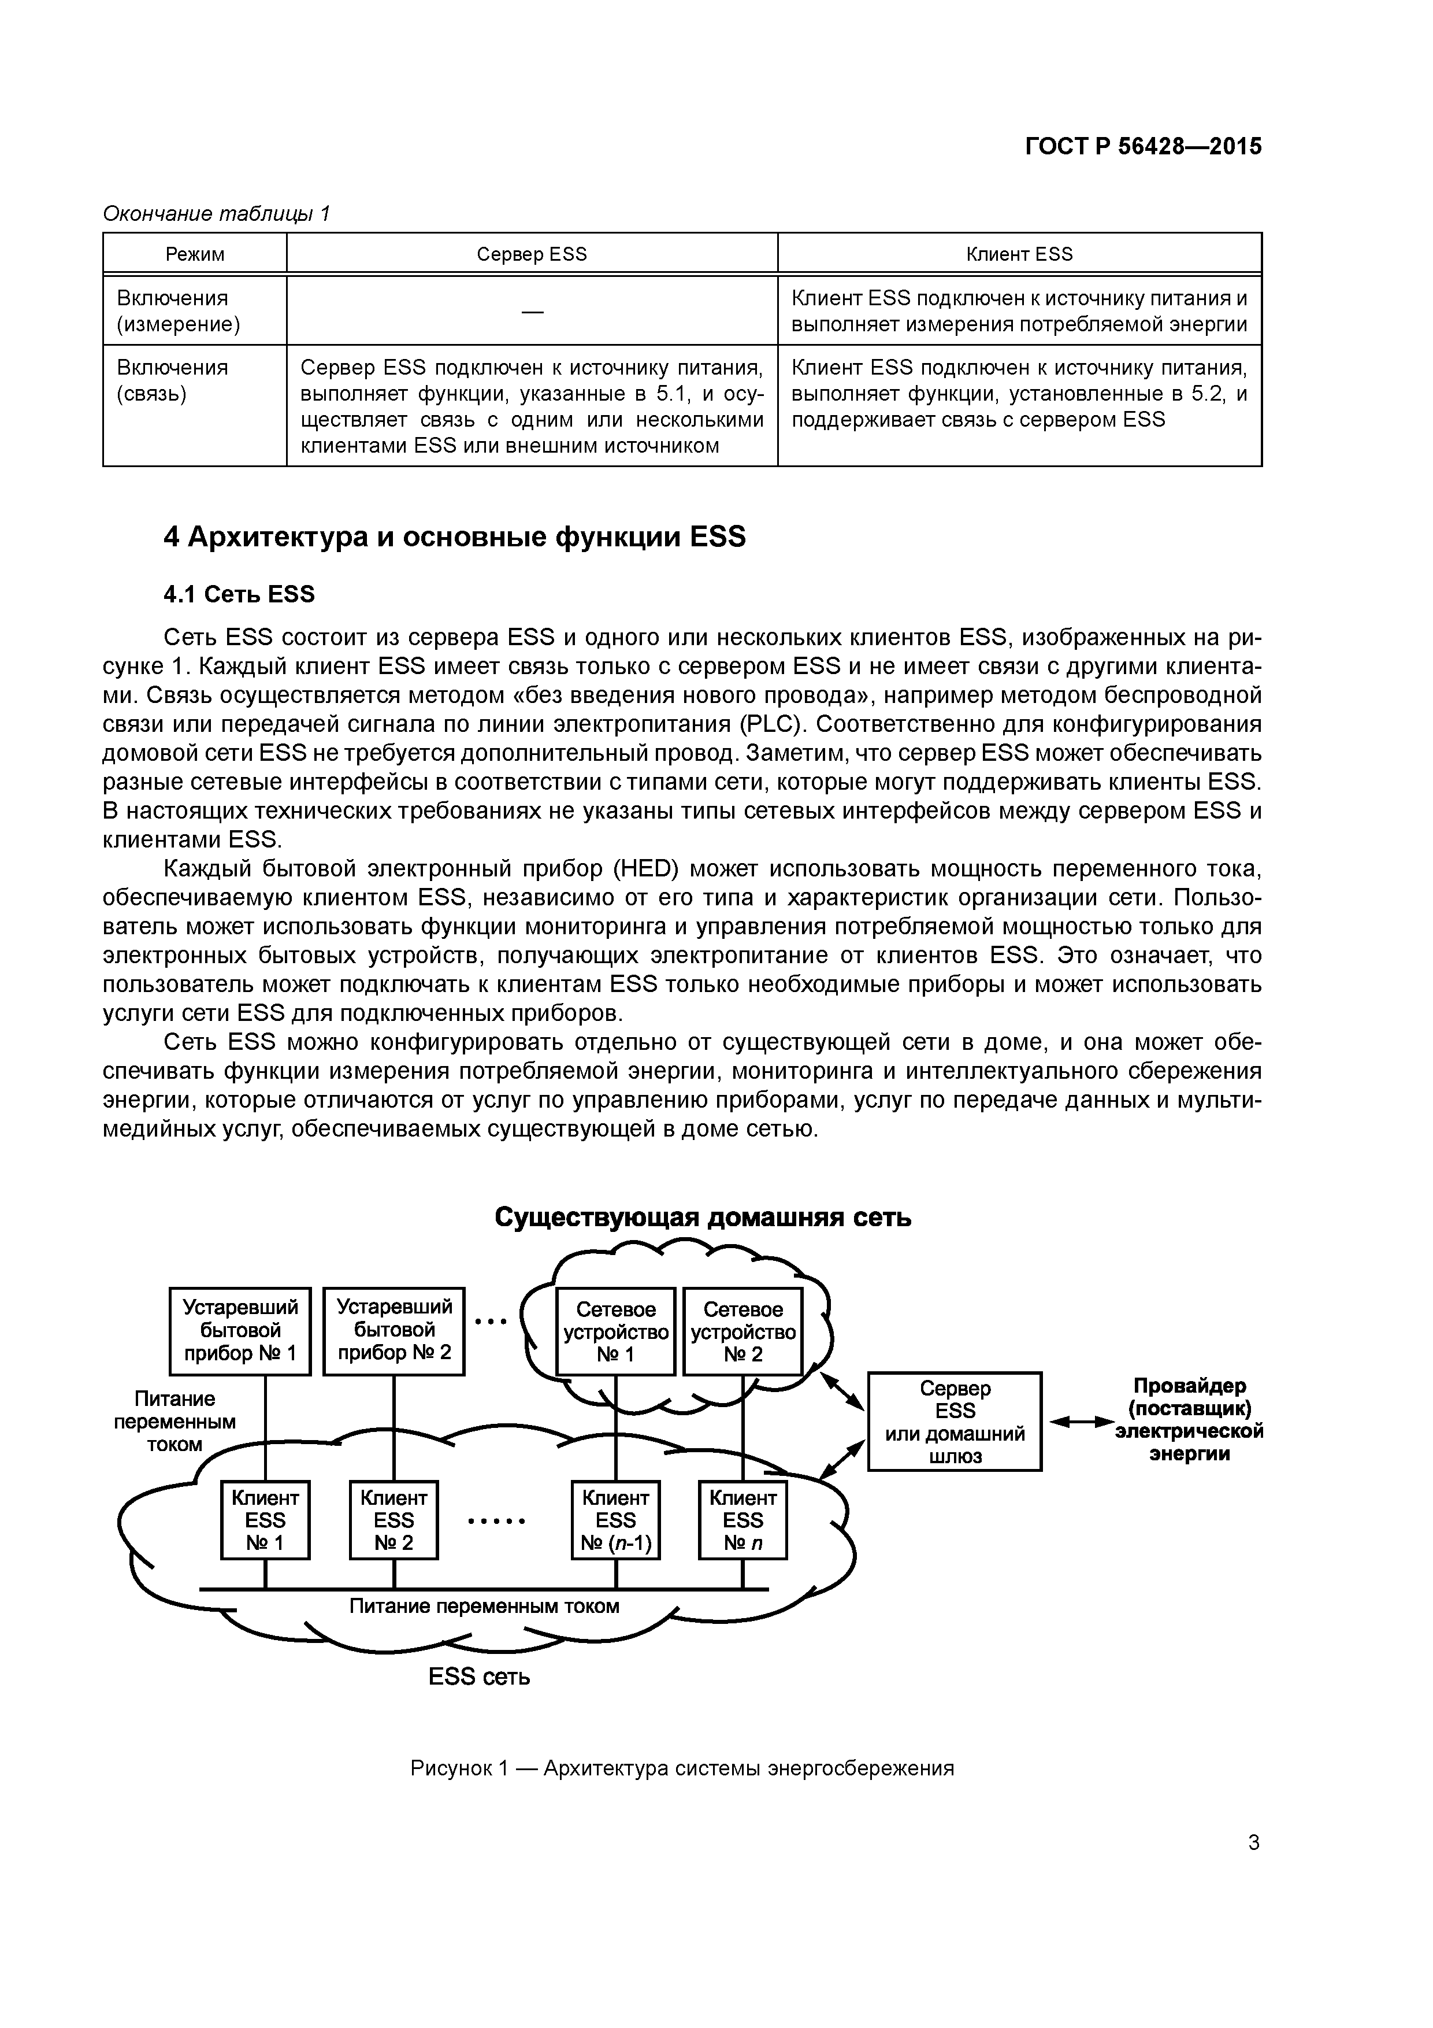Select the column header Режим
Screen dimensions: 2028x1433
coord(195,254)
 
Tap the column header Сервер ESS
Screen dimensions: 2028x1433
coord(532,254)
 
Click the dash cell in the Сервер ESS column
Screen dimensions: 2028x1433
coord(532,311)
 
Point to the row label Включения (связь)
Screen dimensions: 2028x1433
coord(172,381)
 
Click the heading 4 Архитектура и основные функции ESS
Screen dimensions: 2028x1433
coord(455,537)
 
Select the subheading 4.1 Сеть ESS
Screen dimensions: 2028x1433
coord(239,594)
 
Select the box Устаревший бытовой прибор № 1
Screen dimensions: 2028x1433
coord(240,1331)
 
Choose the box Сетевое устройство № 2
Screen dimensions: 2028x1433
coord(743,1332)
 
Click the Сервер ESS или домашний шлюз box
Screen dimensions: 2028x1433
coord(955,1421)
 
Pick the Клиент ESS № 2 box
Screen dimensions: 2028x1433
coord(394,1520)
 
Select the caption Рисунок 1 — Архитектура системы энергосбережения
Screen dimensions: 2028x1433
coord(682,1768)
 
